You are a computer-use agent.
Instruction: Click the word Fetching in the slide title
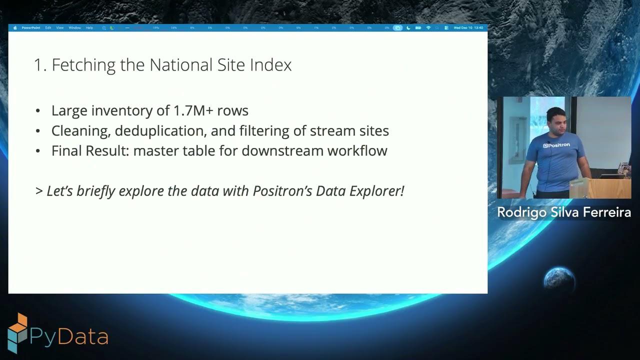(83, 65)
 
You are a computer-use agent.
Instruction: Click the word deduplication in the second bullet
(160, 131)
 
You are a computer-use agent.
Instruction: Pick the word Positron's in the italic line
(282, 191)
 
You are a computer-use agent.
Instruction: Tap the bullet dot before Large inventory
(38, 111)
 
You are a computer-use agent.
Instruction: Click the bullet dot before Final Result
(38, 151)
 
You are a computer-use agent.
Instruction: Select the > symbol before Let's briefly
(39, 191)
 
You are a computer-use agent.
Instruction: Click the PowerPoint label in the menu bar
(31, 28)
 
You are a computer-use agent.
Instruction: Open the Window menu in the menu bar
(74, 28)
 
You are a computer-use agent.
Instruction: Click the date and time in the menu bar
(468, 28)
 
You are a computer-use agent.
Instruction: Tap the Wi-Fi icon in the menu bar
(428, 28)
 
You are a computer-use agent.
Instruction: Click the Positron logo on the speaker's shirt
(556, 145)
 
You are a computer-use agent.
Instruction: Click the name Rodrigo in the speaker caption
(521, 212)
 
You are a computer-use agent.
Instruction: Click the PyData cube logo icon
(17, 332)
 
